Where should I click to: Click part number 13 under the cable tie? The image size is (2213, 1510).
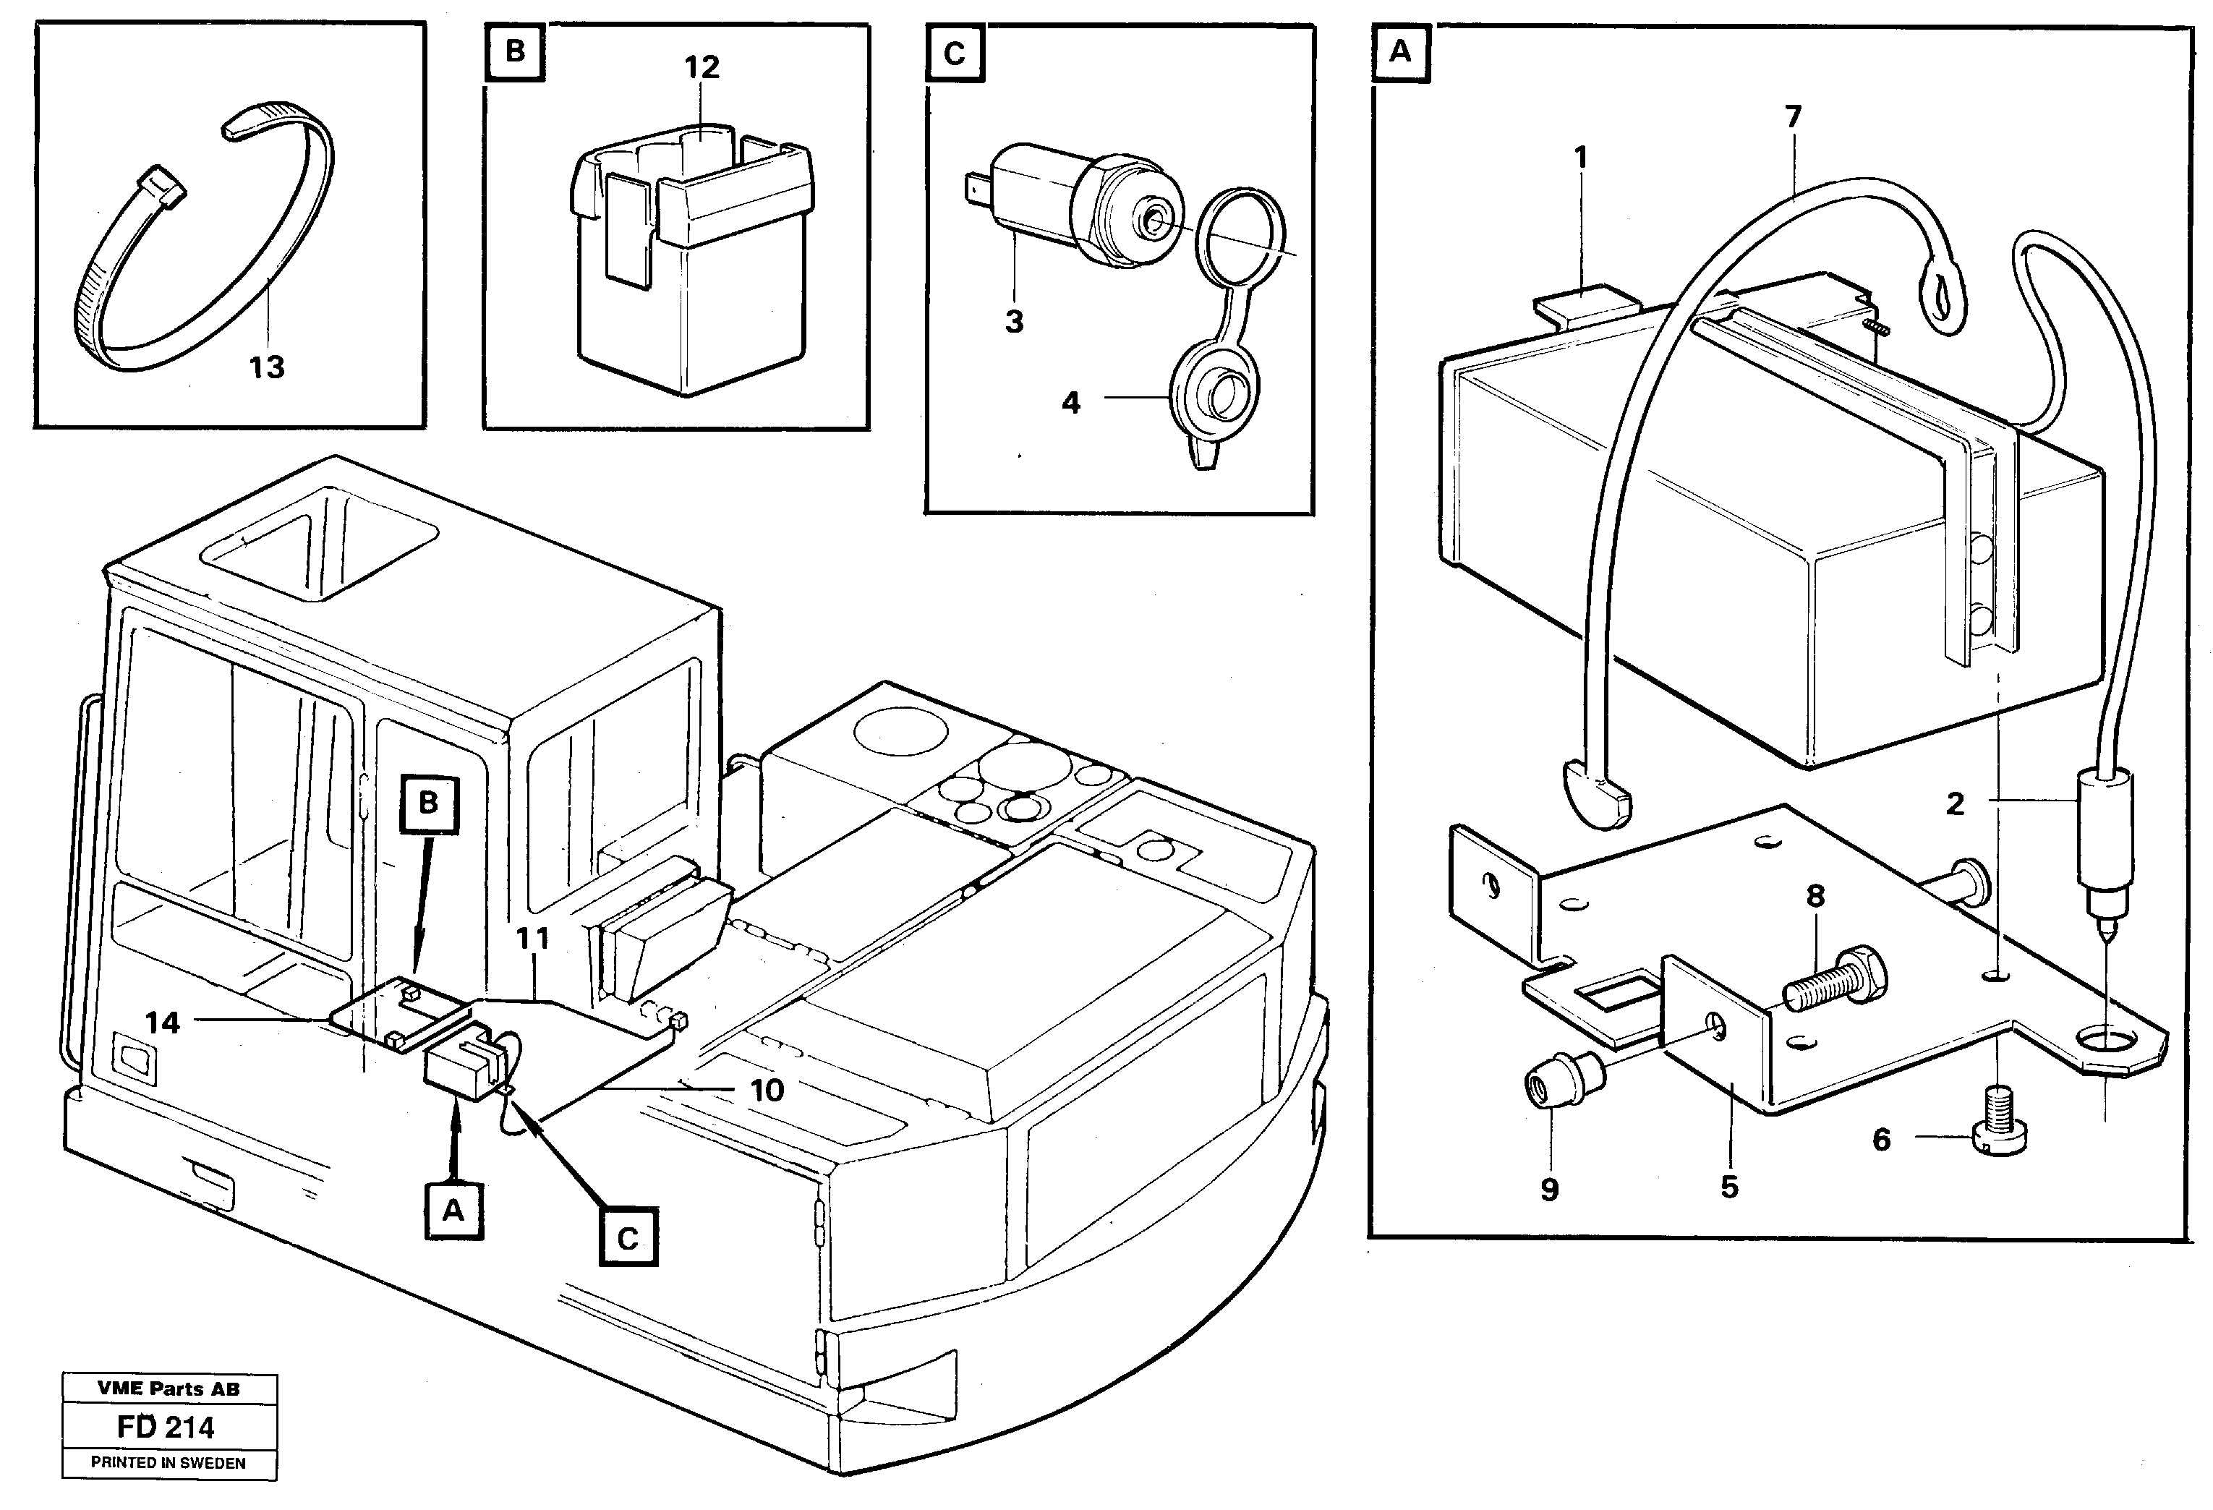coord(267,367)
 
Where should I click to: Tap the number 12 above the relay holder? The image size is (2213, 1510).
coord(702,67)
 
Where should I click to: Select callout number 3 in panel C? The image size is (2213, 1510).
coord(1014,322)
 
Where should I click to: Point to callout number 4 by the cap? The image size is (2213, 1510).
coord(1071,403)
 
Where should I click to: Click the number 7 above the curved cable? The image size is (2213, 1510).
coord(1793,117)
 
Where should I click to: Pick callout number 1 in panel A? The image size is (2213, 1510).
coord(1582,157)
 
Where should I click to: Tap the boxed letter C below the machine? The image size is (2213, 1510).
coord(628,1239)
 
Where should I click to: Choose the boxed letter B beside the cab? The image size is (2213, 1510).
coord(429,803)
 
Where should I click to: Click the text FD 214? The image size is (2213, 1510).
coord(166,1427)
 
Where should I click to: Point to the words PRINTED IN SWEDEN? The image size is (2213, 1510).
coord(169,1463)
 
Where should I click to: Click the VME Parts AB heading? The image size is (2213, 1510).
coord(169,1389)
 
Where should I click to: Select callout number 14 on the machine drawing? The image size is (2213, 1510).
coord(162,1023)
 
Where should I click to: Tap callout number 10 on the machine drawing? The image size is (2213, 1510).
coord(767,1090)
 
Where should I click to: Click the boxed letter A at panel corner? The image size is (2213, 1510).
coord(1400,52)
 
